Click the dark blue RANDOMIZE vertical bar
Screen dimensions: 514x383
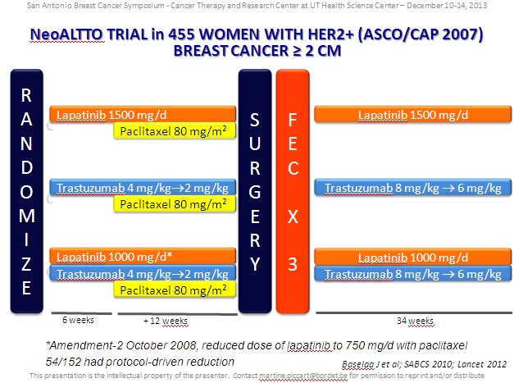pos(27,191)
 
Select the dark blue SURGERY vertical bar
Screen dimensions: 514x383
pos(255,191)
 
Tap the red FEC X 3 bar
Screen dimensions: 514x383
pos(293,191)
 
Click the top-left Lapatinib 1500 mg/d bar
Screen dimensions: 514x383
pos(143,114)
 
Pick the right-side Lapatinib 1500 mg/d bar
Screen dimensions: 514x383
pos(413,114)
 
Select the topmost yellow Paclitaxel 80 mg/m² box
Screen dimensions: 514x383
pos(175,131)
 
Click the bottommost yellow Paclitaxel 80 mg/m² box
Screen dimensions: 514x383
pos(175,290)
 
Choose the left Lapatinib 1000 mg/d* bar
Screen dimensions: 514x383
pos(143,256)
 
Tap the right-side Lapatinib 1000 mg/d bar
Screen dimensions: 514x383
pos(413,257)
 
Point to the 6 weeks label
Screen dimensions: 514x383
pos(78,320)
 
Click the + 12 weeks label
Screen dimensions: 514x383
pos(166,321)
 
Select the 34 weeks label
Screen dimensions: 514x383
pos(415,321)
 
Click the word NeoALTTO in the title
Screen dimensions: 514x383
pos(67,34)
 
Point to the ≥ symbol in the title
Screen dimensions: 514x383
pos(297,51)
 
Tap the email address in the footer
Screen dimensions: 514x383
pos(303,376)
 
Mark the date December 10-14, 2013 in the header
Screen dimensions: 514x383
pos(447,5)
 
